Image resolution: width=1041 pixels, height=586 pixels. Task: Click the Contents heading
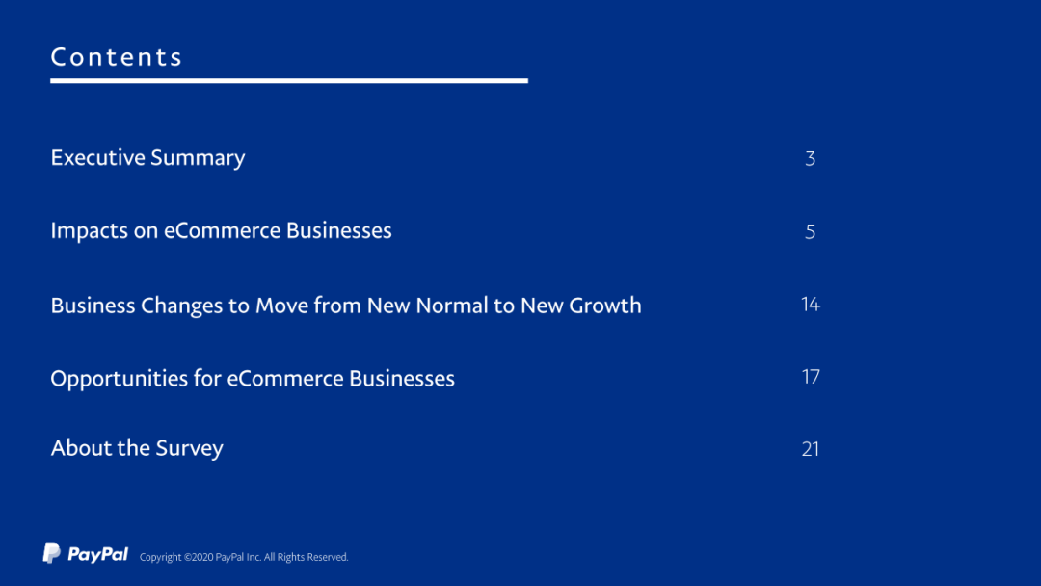coord(117,57)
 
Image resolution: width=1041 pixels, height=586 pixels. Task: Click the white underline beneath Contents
coord(289,80)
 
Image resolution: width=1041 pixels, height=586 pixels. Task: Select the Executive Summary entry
coord(147,158)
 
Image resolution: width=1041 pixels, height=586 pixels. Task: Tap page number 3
coord(810,159)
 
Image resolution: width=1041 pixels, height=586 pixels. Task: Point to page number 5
coord(810,231)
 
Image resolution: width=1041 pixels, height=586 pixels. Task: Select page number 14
coord(811,304)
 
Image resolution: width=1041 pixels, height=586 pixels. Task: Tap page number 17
coord(811,377)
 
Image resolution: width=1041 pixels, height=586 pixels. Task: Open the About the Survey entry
coord(137,448)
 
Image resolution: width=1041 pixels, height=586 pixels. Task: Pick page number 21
coord(811,449)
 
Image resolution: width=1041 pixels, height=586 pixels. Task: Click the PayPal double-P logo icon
coord(52,553)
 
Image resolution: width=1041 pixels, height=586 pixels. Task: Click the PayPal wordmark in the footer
coord(97,554)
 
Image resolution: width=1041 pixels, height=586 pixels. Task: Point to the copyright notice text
coord(244,557)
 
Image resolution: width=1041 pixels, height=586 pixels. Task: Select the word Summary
coord(198,158)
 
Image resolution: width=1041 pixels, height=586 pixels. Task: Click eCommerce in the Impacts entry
coord(223,231)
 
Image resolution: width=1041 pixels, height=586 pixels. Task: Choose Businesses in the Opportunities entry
coord(402,379)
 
